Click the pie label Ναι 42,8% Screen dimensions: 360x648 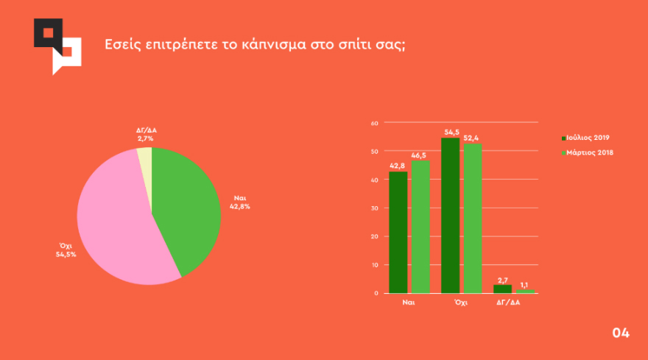[240, 202]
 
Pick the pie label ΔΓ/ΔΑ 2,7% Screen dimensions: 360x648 [147, 134]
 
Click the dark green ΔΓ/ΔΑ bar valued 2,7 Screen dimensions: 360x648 [502, 289]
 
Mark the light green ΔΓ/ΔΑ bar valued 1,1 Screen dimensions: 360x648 [525, 291]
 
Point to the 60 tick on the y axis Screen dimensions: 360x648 [374, 123]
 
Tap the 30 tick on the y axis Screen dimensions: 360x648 [374, 208]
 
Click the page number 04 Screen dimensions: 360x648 [621, 333]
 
